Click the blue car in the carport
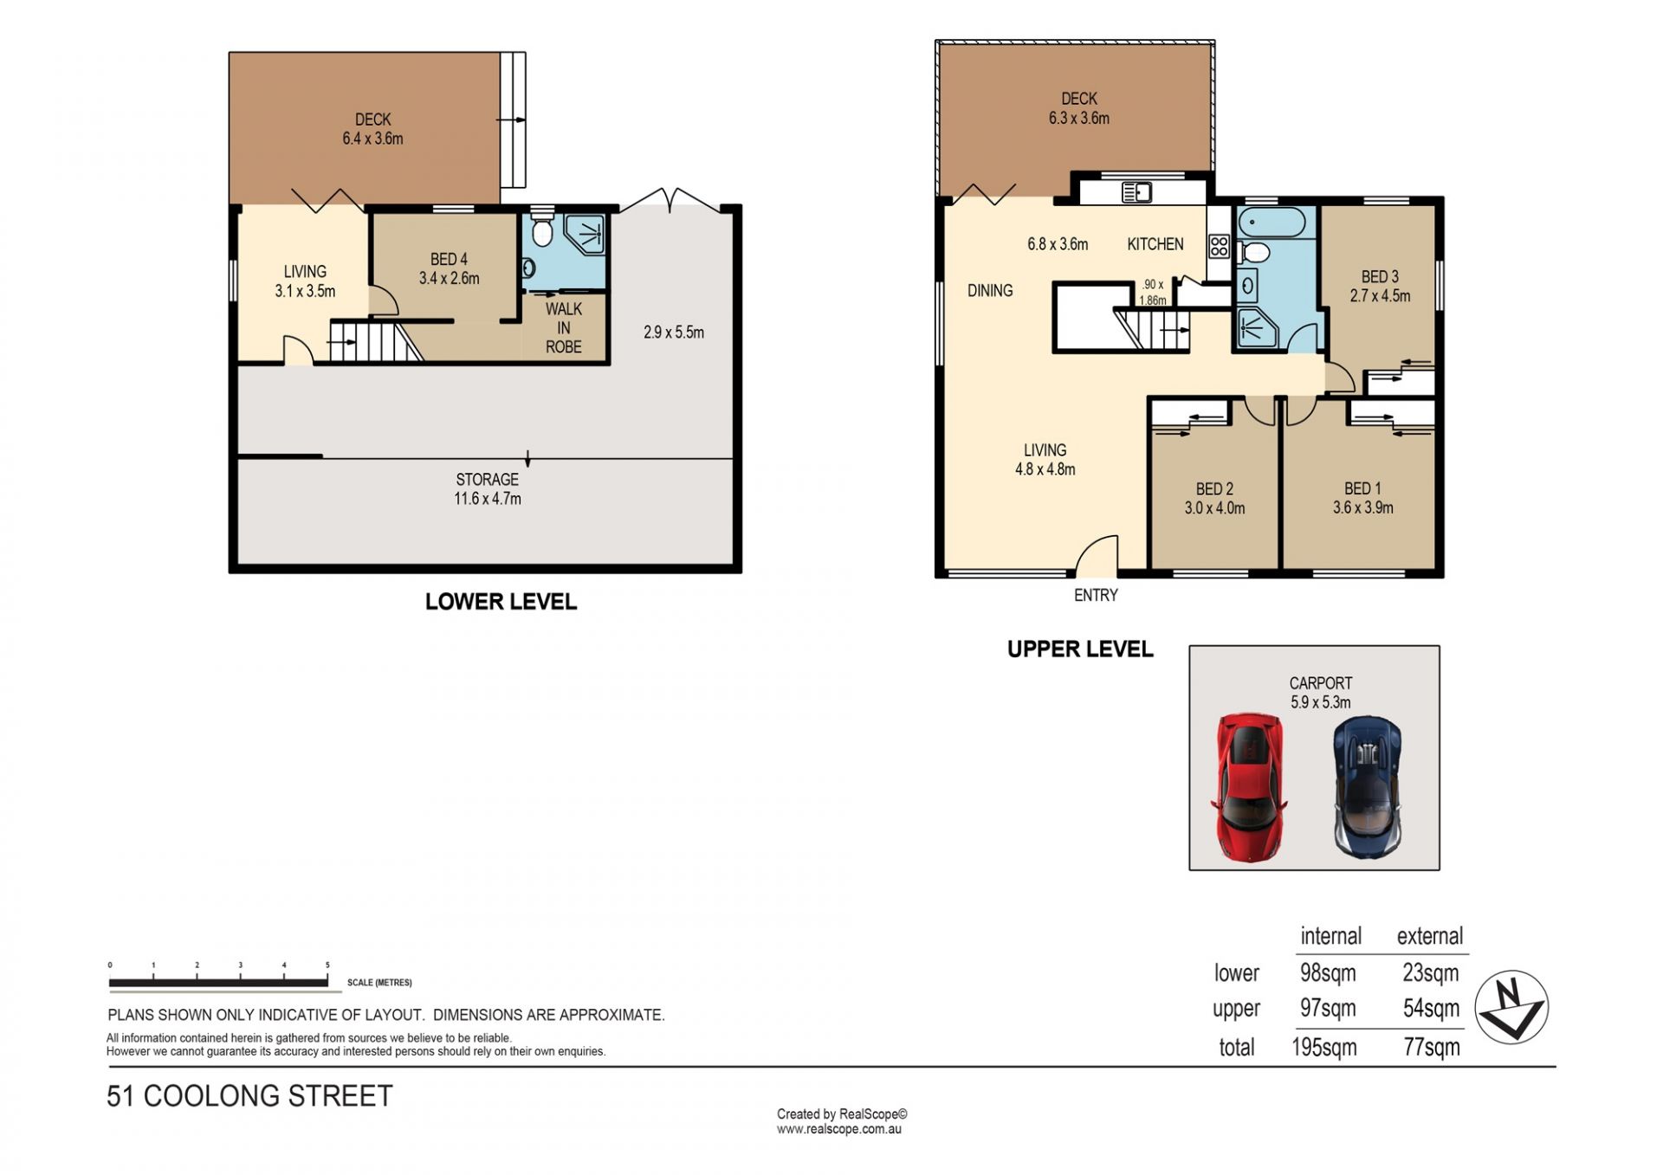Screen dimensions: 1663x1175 [x=1368, y=787]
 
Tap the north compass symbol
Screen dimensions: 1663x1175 [x=1511, y=1007]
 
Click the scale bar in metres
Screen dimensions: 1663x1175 [x=218, y=981]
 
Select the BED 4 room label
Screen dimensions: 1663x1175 [x=449, y=259]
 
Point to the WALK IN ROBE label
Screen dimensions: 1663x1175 [x=564, y=328]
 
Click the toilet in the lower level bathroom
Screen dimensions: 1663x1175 [x=542, y=230]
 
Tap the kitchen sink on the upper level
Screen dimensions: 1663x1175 [x=1136, y=192]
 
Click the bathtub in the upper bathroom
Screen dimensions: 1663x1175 [x=1272, y=223]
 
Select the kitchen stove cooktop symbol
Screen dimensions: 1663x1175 [x=1219, y=247]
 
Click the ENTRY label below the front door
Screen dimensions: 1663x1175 [x=1096, y=595]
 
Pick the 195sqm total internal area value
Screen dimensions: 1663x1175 [x=1324, y=1047]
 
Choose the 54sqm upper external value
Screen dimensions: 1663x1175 [x=1431, y=1008]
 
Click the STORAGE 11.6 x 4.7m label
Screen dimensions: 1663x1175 [x=488, y=488]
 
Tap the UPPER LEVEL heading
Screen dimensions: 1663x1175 [x=1080, y=649]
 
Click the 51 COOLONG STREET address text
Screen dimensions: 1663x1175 [x=249, y=1095]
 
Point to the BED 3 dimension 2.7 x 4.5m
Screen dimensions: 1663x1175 [x=1380, y=295]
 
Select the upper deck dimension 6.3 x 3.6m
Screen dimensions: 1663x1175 [x=1079, y=118]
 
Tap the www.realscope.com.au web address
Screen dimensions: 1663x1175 [x=839, y=1129]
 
